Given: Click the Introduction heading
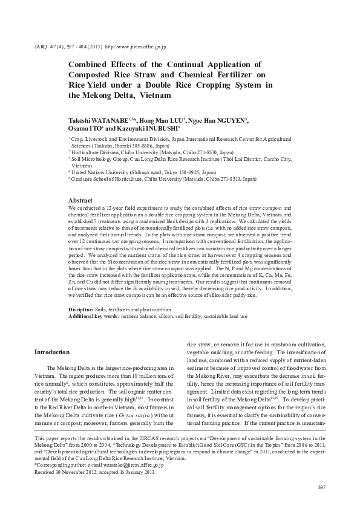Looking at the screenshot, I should click(x=53, y=352).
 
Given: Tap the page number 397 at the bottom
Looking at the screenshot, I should click(x=321, y=487).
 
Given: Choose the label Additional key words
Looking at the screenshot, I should click(x=94, y=315).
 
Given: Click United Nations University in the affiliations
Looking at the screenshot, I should click(x=97, y=172).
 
